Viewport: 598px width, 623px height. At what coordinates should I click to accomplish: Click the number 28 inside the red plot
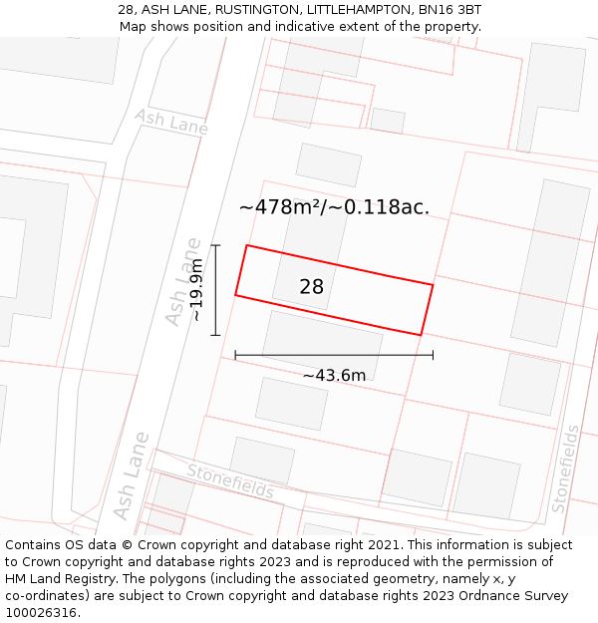point(311,287)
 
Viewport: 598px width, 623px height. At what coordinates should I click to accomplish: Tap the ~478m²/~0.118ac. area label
point(334,207)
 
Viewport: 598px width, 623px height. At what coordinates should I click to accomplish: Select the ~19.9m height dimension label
point(197,289)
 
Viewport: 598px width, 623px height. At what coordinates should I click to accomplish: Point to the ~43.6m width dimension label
point(334,375)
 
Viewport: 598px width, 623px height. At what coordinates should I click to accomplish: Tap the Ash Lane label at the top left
point(171,122)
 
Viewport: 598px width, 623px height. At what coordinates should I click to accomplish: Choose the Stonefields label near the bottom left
point(230,481)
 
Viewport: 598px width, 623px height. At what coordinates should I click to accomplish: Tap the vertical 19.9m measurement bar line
point(215,290)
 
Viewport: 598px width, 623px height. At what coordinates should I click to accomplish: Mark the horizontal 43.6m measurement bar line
point(334,354)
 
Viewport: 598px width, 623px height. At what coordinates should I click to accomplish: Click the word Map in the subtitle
point(134,27)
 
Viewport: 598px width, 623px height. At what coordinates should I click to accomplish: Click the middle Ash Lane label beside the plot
point(182,282)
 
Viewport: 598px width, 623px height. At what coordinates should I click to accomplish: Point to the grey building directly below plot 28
point(322,344)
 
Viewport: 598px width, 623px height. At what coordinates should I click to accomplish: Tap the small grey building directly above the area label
point(329,164)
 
